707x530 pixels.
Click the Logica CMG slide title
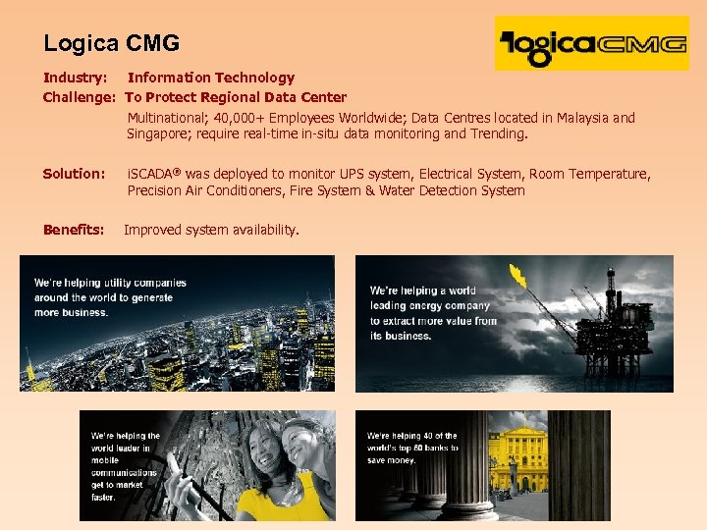click(111, 43)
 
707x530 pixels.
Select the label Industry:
click(75, 78)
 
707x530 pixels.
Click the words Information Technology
click(211, 78)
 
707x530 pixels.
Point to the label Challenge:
click(80, 97)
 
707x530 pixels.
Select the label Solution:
click(74, 174)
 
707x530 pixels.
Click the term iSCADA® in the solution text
click(154, 174)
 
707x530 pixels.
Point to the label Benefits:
click(74, 230)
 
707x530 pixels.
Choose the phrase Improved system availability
click(211, 230)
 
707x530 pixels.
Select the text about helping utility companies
click(109, 297)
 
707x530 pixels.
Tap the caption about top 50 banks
click(412, 448)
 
